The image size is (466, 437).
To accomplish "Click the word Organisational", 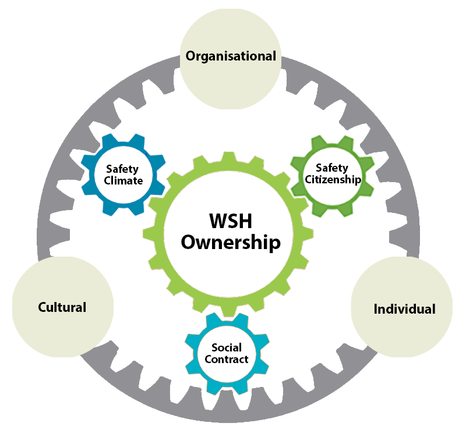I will (231, 56).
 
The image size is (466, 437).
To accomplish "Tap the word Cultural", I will (62, 307).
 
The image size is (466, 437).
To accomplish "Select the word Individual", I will (404, 309).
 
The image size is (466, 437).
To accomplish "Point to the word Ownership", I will (231, 242).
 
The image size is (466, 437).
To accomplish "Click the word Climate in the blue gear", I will (123, 180).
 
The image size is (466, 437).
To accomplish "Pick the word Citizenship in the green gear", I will (333, 179).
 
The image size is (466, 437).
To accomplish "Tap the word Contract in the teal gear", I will (227, 359).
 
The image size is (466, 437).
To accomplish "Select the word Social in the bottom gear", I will (227, 347).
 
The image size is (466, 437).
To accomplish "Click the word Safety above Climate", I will (122, 169).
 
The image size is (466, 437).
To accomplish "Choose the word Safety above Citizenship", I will (332, 168).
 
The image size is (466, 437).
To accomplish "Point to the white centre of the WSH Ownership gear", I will (231, 262).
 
